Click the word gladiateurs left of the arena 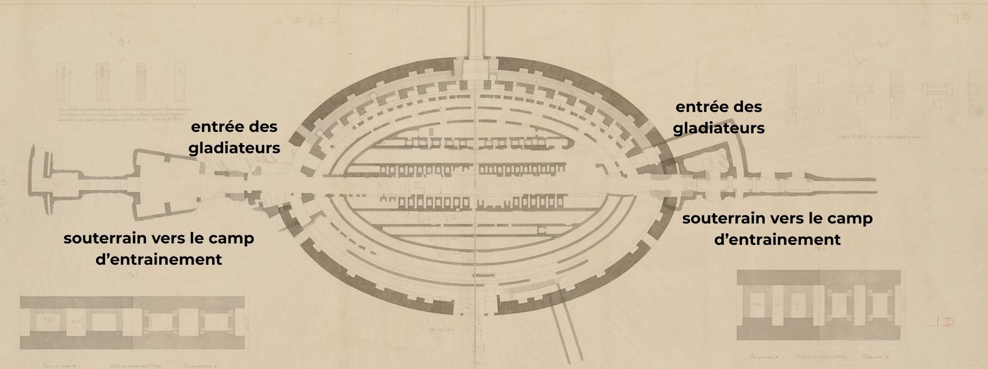coord(234,148)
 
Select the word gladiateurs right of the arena coord(718,128)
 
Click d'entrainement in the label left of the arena coord(159,259)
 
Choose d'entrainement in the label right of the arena coord(777,240)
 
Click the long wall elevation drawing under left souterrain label coord(132,322)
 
